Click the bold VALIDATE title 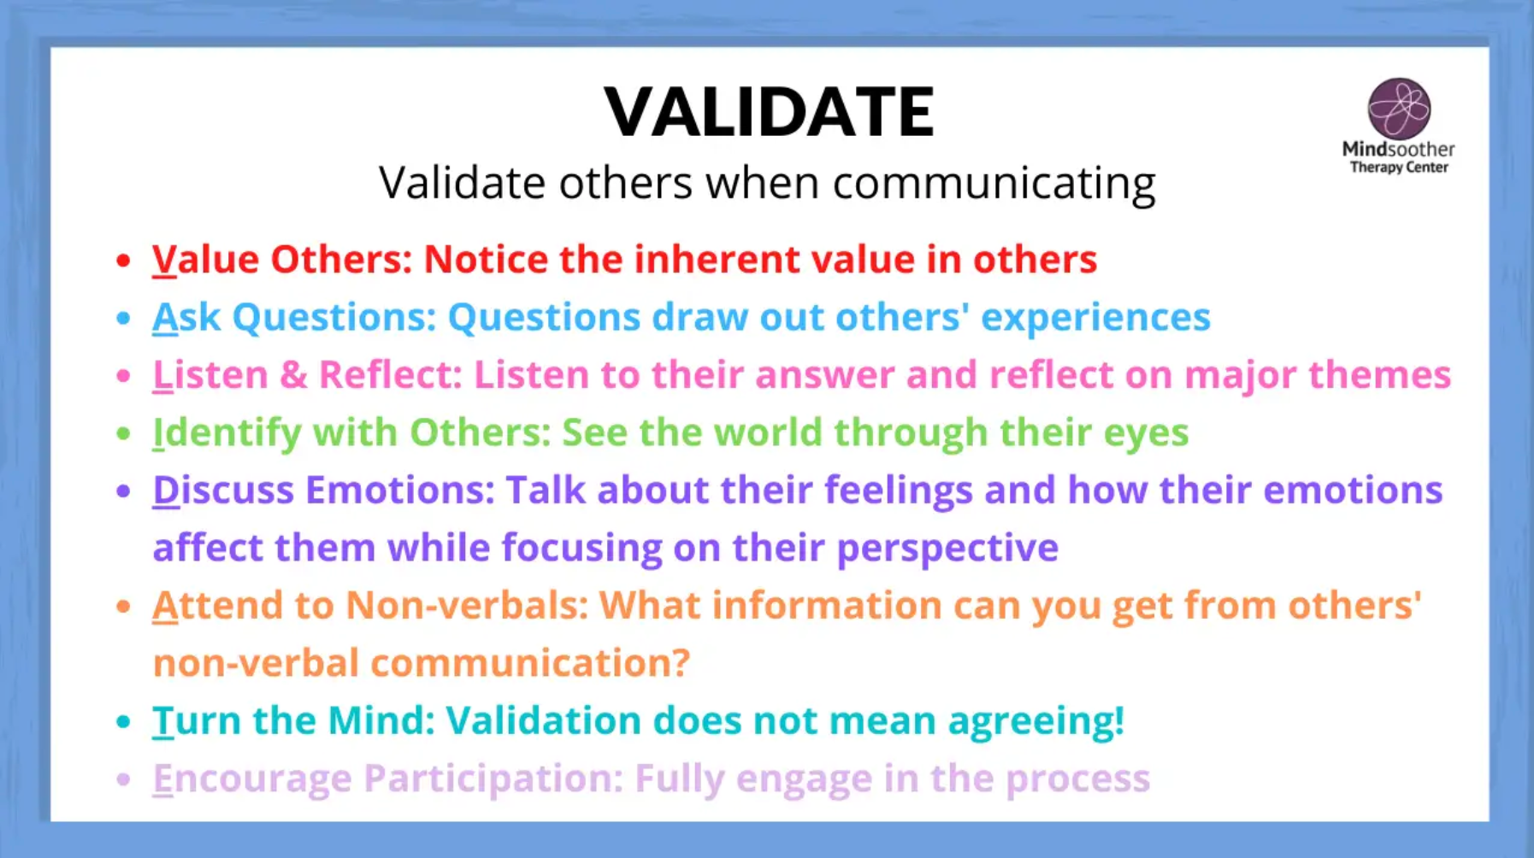[x=769, y=111]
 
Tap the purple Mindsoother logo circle [x=1399, y=109]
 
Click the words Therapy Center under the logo [x=1399, y=167]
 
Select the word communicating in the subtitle [x=994, y=184]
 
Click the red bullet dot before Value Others [x=124, y=261]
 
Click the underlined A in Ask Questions [x=165, y=317]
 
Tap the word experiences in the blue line [x=1095, y=318]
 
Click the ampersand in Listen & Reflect [x=293, y=375]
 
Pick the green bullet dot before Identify [x=124, y=433]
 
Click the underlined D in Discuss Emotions [x=166, y=491]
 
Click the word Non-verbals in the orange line [x=467, y=605]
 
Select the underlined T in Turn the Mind [x=162, y=721]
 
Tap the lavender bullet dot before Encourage [x=124, y=779]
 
